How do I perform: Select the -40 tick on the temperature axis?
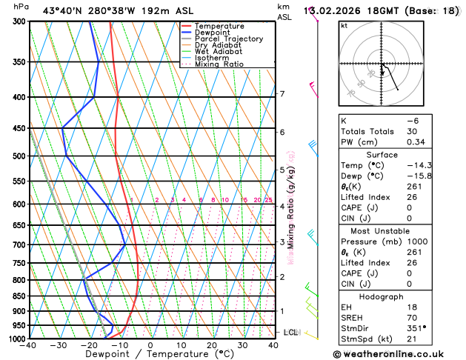point(29,345)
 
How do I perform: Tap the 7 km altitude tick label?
point(282,94)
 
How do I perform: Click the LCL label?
point(290,333)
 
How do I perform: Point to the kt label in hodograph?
point(344,25)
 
